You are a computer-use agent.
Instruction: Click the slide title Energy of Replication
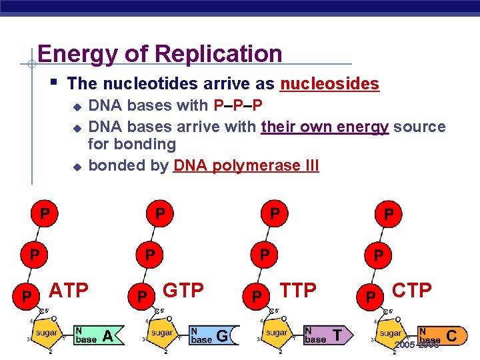[160, 53]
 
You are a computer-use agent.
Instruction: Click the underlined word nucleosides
[329, 84]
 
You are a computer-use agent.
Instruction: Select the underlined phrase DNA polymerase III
[246, 165]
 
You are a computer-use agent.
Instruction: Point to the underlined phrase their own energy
[325, 126]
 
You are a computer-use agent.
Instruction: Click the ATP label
[69, 291]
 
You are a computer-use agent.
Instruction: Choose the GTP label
[183, 291]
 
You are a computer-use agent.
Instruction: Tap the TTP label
[298, 291]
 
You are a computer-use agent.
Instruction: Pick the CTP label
[412, 291]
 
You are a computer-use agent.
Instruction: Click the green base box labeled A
[97, 335]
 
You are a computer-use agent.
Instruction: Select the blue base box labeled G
[212, 335]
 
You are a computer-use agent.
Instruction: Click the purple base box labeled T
[327, 335]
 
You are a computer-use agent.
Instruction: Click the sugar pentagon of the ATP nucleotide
[47, 332]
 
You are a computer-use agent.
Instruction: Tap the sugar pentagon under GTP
[161, 332]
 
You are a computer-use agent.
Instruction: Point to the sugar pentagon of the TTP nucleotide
[276, 332]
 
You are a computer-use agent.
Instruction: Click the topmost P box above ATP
[44, 214]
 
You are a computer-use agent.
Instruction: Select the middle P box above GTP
[150, 255]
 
